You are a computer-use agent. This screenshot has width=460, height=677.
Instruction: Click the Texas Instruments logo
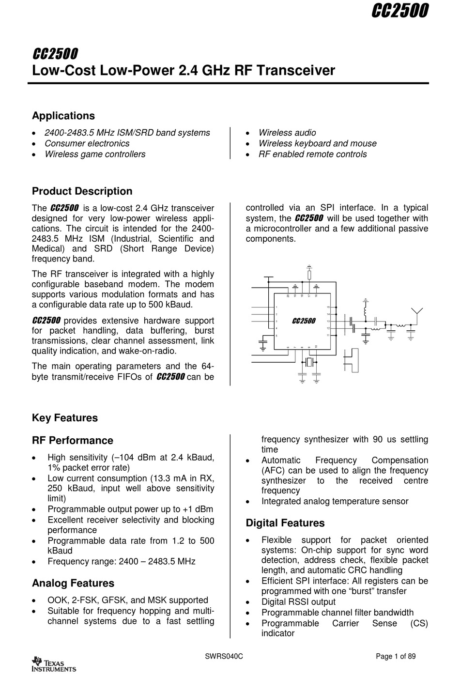click(53, 664)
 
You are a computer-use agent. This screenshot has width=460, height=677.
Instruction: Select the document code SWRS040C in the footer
click(224, 657)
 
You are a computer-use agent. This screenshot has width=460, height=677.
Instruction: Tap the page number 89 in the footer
click(411, 657)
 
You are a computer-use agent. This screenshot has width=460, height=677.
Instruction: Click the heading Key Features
click(64, 418)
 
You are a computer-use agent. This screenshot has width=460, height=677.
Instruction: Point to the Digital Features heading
click(285, 523)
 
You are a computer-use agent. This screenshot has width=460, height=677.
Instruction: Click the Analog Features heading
click(73, 583)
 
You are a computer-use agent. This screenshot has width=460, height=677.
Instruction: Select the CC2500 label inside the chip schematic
click(304, 321)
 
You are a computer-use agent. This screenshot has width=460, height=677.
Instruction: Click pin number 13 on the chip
click(328, 321)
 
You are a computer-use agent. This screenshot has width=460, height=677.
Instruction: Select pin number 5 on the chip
click(276, 335)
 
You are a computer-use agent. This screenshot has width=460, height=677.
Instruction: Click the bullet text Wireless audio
click(287, 133)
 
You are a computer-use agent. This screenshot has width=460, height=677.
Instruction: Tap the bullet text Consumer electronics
click(87, 143)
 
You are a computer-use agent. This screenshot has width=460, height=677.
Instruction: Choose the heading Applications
click(63, 116)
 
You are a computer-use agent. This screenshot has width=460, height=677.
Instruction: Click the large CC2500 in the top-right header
click(400, 11)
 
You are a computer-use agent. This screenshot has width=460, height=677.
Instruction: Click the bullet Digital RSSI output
click(298, 601)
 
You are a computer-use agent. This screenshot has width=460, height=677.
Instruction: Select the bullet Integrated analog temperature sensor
click(335, 501)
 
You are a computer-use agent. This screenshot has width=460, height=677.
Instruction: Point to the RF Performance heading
click(72, 441)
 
